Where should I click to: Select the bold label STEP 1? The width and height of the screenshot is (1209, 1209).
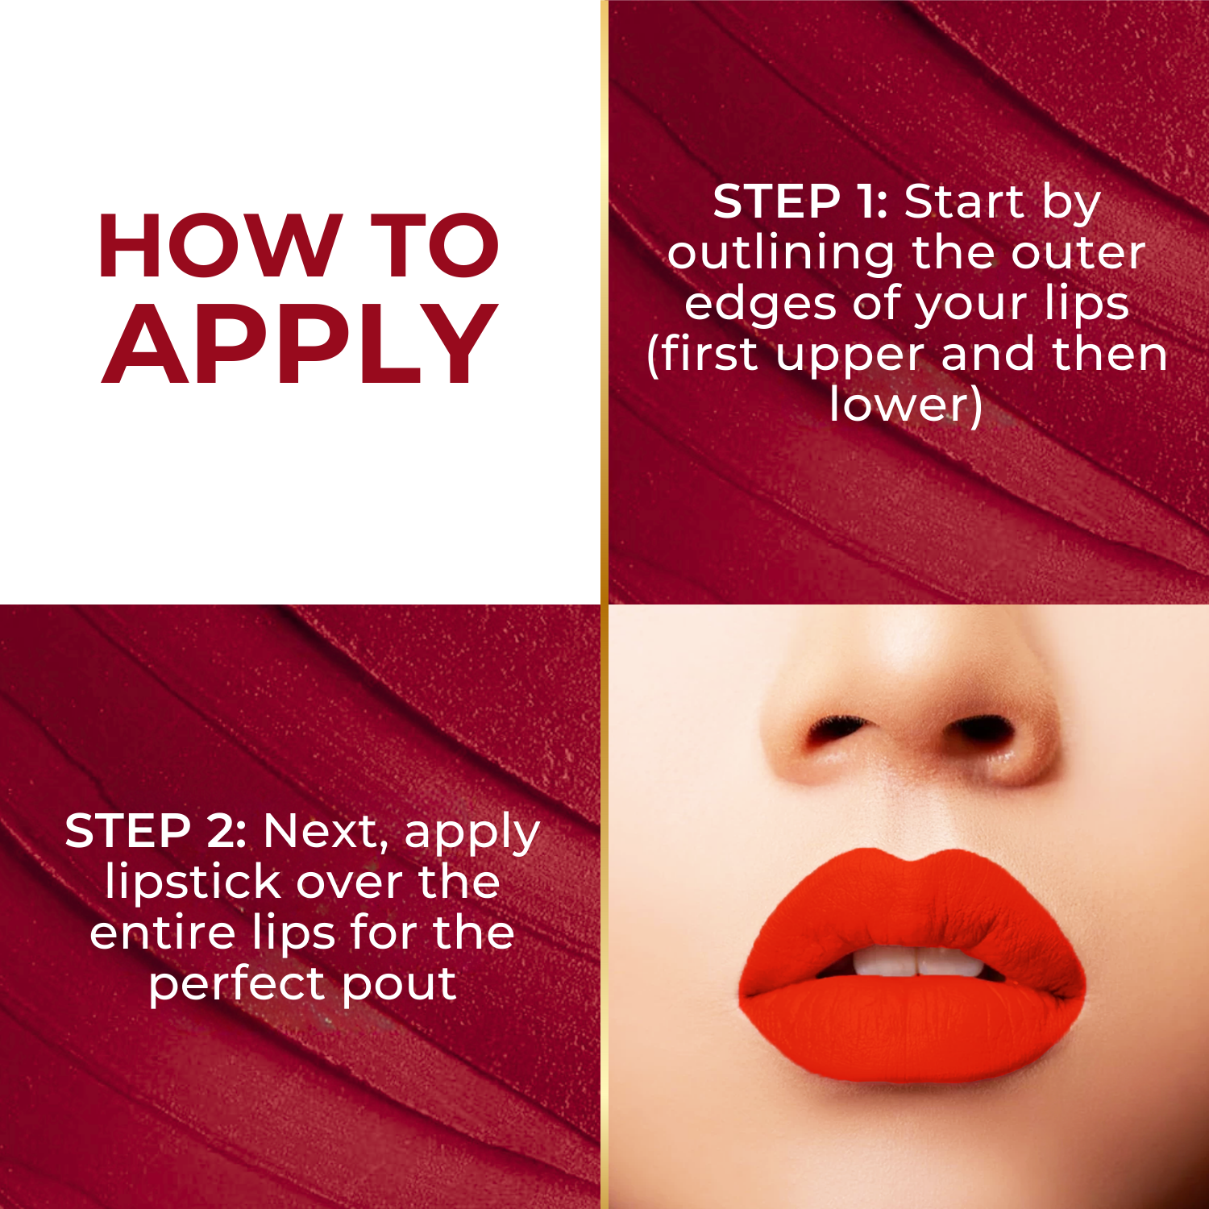tap(800, 201)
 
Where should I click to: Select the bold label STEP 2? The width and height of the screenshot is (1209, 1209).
tap(156, 831)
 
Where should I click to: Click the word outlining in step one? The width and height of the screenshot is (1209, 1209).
tap(780, 253)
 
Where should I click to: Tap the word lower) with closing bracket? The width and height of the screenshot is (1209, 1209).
tap(906, 404)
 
